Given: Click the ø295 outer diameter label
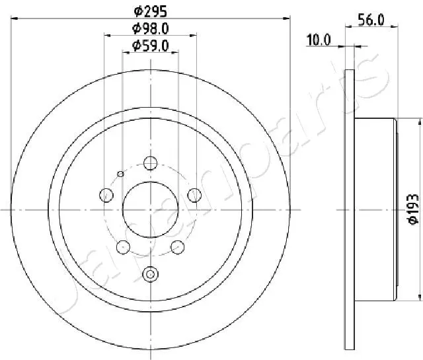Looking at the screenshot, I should point(151,11).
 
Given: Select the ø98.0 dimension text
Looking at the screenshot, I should point(151,28).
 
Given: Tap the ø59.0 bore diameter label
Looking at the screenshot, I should point(151,46).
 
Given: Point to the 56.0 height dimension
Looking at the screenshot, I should point(372,20).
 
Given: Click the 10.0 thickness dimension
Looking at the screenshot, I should point(318,40).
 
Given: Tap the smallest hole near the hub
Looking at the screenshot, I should point(120,174).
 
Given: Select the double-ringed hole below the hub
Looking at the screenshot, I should point(151,273).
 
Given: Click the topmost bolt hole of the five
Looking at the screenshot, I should point(151,163).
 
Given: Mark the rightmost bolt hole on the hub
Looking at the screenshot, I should point(195,194).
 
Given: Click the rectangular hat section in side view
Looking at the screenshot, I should point(375,209).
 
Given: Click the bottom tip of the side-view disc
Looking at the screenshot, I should point(350,351).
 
